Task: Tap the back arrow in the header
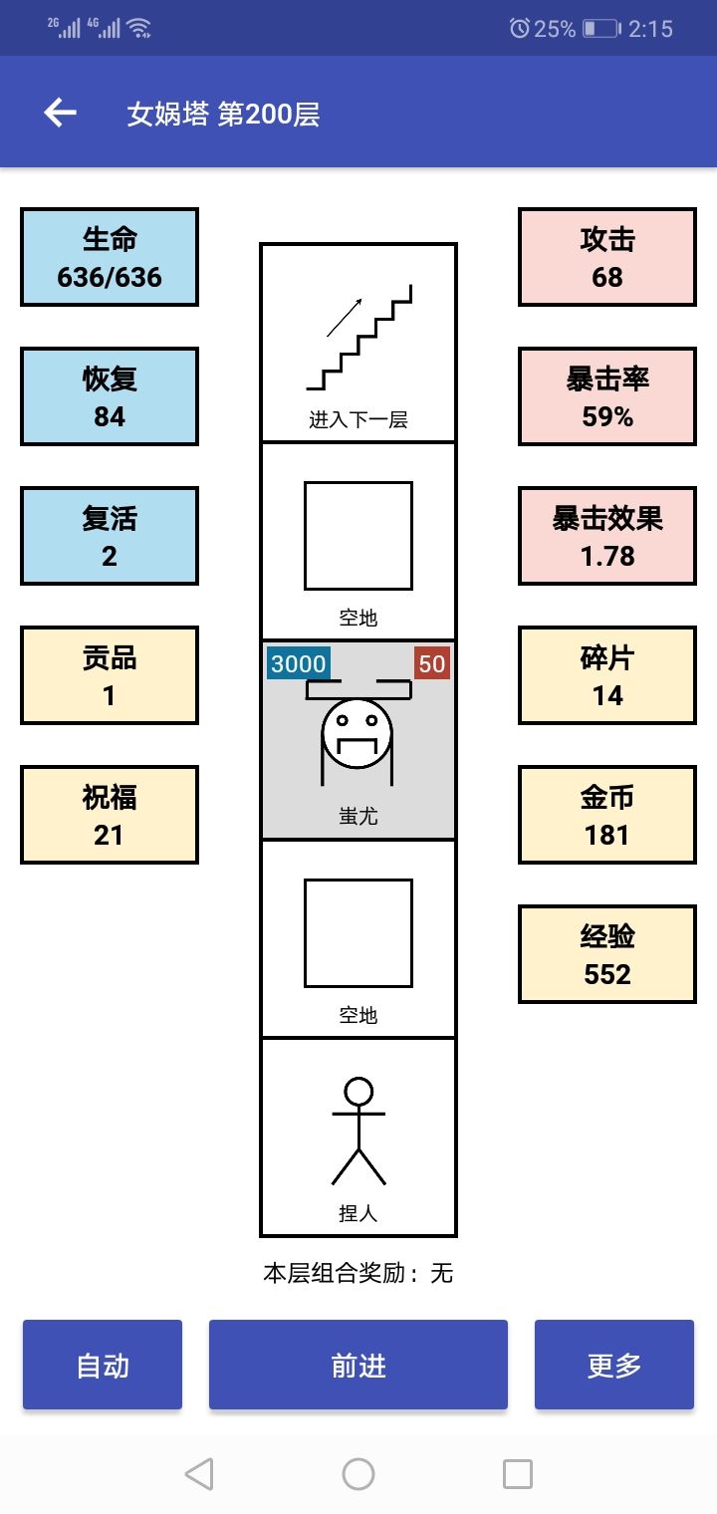pyautogui.click(x=60, y=113)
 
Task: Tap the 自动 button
pyautogui.click(x=103, y=1365)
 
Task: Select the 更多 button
pyautogui.click(x=614, y=1365)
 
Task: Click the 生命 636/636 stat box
pyautogui.click(x=110, y=257)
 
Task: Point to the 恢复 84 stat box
pyautogui.click(x=110, y=396)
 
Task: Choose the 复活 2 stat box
pyautogui.click(x=110, y=536)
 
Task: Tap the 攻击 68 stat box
pyautogui.click(x=607, y=257)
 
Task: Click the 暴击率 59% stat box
pyautogui.click(x=607, y=396)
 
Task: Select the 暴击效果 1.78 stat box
pyautogui.click(x=607, y=536)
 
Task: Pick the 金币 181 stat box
pyautogui.click(x=607, y=815)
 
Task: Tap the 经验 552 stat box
pyautogui.click(x=607, y=954)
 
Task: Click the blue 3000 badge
pyautogui.click(x=298, y=663)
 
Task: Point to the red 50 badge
pyautogui.click(x=432, y=663)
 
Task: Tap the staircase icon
pyautogui.click(x=358, y=338)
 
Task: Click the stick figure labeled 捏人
pyautogui.click(x=358, y=1131)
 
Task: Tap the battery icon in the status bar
pyautogui.click(x=601, y=28)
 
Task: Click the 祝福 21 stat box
pyautogui.click(x=110, y=815)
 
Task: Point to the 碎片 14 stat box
pyautogui.click(x=607, y=675)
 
